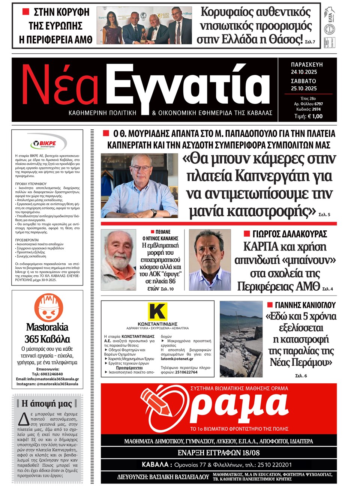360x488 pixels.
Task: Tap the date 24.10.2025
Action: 304,72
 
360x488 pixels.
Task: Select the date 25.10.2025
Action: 304,89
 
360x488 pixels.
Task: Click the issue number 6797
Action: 318,104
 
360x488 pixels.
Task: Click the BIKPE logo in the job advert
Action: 48,143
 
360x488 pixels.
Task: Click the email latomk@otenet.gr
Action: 177,359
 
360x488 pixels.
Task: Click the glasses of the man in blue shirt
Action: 141,168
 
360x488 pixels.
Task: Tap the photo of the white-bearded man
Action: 118,260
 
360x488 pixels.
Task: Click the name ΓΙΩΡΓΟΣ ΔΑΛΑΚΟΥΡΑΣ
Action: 289,234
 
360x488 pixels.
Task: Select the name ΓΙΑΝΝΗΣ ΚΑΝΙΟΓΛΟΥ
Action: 305,305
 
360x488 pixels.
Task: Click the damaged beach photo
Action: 241,339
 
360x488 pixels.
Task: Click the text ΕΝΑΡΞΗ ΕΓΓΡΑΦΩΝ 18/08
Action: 219,453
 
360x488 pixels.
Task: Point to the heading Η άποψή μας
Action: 47,404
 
